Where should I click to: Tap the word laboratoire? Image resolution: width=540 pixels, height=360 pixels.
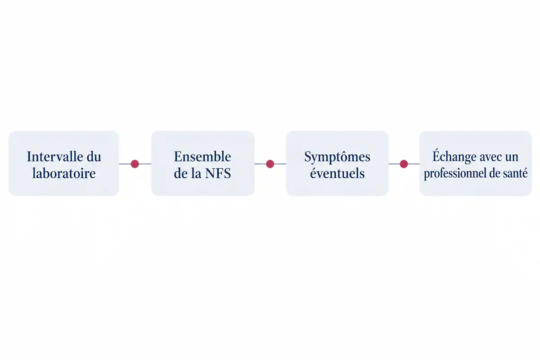pos(64,173)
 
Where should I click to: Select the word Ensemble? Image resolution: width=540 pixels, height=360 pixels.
pos(202,157)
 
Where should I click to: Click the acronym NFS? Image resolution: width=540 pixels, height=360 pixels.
pos(218,173)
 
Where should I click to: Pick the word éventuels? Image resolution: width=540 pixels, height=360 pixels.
pos(337,173)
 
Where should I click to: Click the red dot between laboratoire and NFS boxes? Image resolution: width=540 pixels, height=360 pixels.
pos(135,164)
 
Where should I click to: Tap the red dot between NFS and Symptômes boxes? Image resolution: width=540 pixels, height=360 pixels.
pos(270,164)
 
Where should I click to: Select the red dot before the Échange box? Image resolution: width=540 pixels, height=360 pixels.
pos(404,164)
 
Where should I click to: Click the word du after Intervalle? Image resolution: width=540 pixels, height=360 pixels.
pos(94,157)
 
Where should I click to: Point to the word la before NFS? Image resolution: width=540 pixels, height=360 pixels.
pos(197,173)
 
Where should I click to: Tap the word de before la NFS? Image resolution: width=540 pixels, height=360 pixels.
pos(181,173)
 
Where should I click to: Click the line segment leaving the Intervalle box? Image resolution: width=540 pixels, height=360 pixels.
pos(125,164)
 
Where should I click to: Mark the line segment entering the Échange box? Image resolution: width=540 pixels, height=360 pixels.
pos(414,164)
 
